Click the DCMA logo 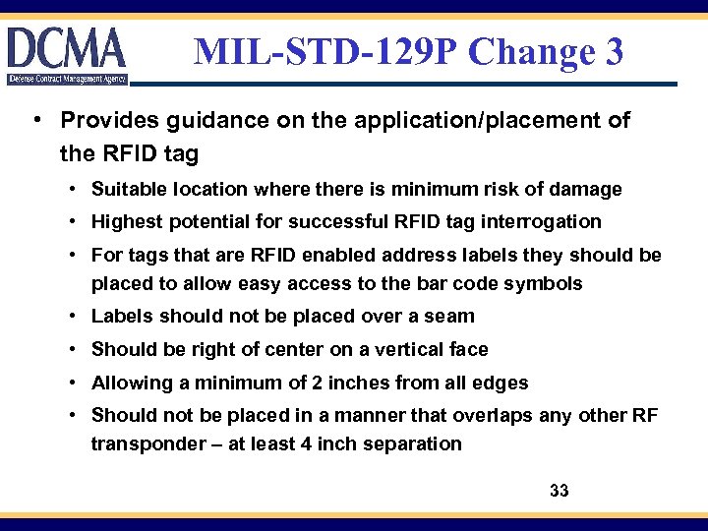67,54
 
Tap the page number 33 560,491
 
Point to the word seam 451,317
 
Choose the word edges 503,383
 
